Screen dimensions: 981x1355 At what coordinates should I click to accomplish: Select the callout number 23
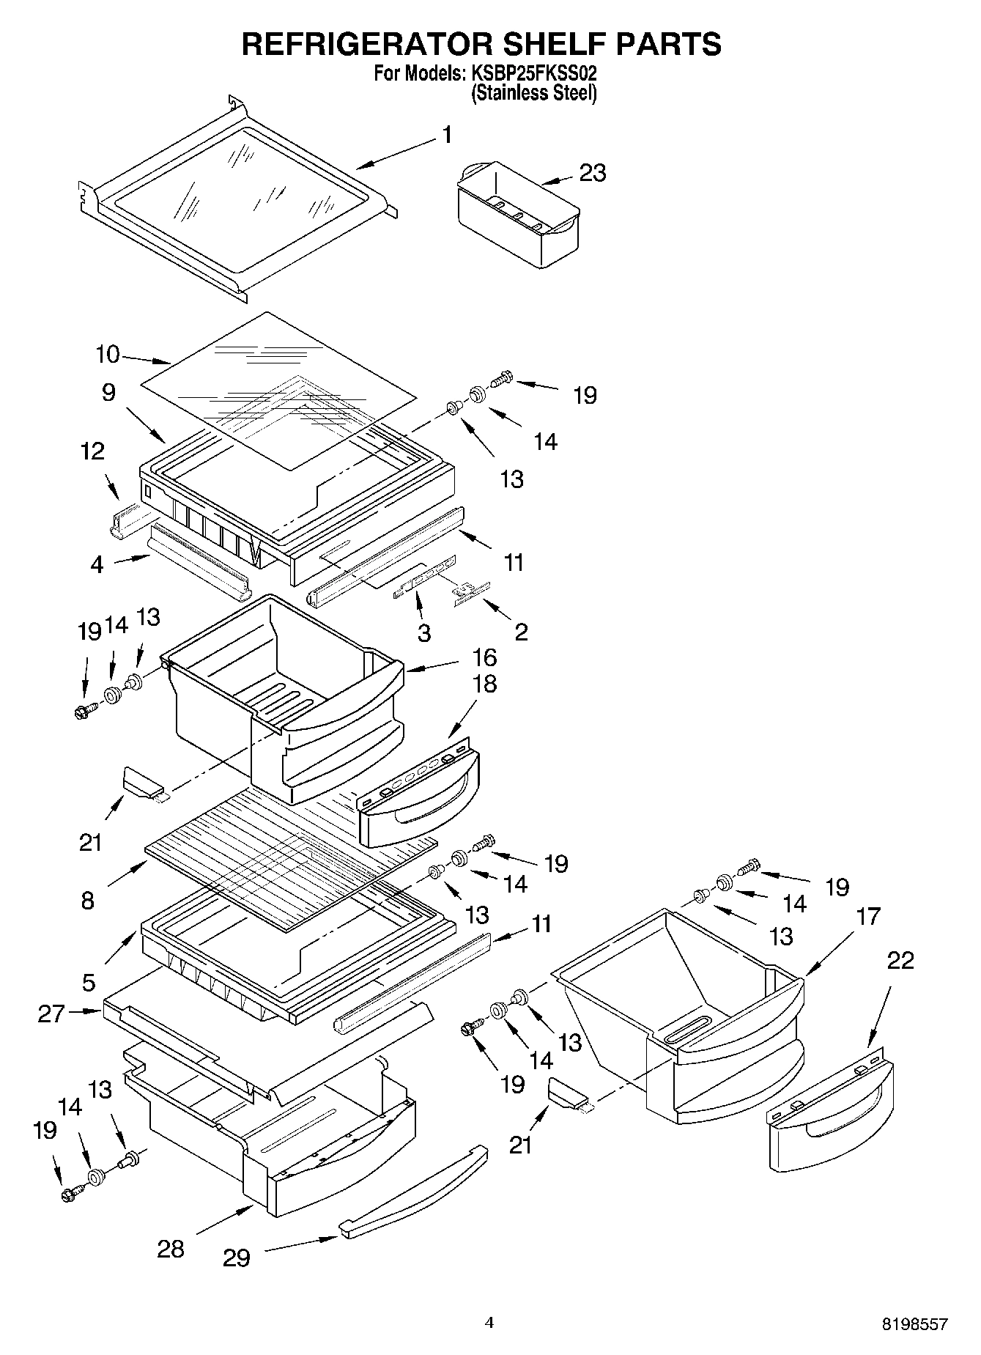[592, 173]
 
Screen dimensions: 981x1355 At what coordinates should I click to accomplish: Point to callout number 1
[446, 136]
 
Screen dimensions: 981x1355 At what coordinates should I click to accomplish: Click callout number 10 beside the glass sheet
[107, 355]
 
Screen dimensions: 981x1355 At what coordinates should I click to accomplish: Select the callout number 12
[93, 451]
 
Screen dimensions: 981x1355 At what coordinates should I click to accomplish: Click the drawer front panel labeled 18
[420, 801]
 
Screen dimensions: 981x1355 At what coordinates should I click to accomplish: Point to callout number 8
[88, 900]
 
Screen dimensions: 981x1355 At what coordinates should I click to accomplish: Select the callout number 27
[51, 1014]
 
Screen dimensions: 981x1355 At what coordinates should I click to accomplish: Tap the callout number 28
[171, 1249]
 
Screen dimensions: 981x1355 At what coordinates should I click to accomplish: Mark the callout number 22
[900, 961]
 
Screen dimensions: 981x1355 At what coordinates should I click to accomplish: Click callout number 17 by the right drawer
[867, 916]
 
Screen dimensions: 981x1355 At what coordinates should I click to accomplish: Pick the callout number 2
[521, 632]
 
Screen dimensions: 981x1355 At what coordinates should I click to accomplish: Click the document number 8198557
[914, 1324]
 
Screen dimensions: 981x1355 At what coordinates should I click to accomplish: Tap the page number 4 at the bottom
[489, 1323]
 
